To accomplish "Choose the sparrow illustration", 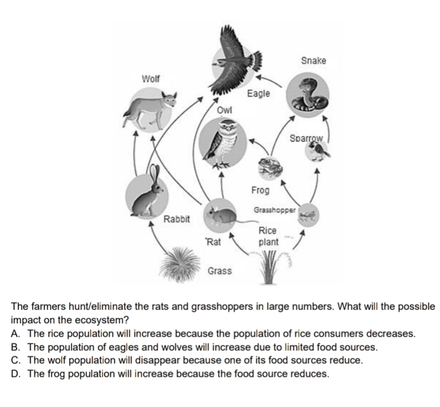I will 318,152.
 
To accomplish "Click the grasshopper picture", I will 308,213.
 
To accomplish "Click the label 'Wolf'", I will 151,78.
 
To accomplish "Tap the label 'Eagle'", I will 258,93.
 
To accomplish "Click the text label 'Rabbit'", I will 176,220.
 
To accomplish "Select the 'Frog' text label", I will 260,190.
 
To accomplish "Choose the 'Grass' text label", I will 220,271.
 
